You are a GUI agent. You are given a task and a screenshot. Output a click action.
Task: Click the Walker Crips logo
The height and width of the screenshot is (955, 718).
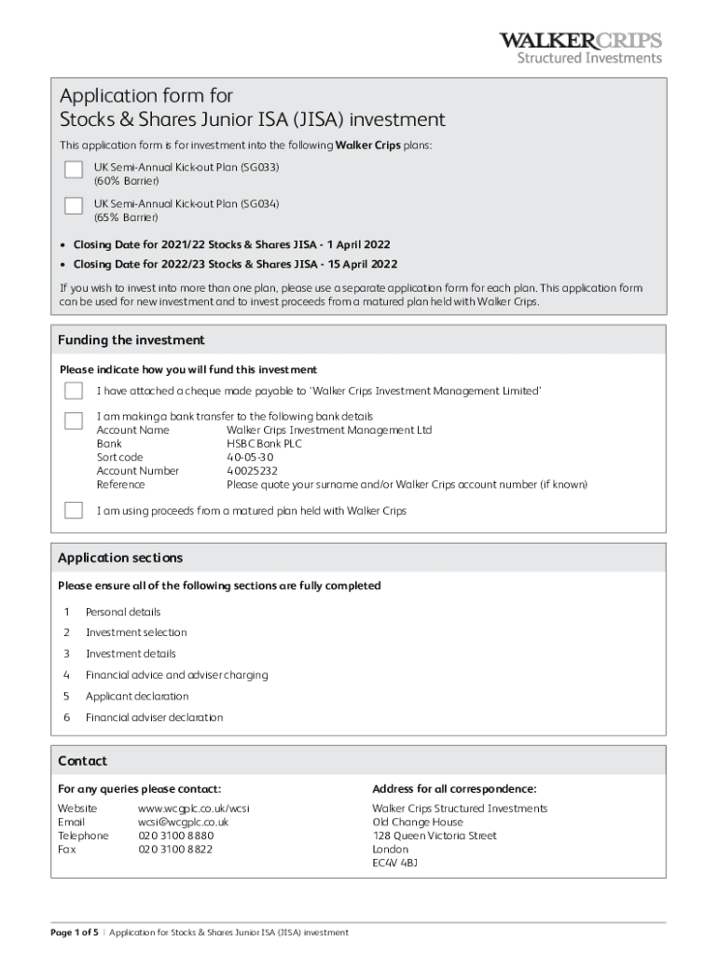coord(580,48)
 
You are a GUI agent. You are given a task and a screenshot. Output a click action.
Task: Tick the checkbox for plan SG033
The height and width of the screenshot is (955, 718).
coord(74,169)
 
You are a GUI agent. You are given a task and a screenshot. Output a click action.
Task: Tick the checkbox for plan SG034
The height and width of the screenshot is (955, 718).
coord(74,205)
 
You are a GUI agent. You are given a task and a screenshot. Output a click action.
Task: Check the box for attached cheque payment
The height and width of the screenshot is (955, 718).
coord(74,391)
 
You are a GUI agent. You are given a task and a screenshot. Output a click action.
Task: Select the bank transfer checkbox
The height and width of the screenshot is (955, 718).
coord(74,421)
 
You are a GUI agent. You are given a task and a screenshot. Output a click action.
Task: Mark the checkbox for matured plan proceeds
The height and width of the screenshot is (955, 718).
coord(74,510)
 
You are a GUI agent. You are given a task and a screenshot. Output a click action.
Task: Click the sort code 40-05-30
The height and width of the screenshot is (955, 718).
coord(250,457)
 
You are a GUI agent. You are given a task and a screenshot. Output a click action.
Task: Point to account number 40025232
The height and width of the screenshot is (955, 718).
coord(252,471)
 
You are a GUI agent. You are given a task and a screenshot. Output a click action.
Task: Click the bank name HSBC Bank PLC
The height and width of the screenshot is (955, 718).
coord(264,444)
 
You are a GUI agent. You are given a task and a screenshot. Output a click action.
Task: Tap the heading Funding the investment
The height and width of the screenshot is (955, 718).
coord(131,340)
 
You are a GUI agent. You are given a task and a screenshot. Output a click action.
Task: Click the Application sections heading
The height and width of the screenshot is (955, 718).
coord(120,558)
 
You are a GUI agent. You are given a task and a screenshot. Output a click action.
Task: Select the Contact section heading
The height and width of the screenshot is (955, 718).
coord(82,761)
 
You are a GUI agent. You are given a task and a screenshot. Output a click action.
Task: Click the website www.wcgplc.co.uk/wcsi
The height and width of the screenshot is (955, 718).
coord(194,809)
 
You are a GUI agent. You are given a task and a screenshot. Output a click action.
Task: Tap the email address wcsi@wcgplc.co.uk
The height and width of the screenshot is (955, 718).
coord(183,823)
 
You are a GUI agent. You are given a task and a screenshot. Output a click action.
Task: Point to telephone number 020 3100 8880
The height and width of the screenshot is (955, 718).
coord(175,836)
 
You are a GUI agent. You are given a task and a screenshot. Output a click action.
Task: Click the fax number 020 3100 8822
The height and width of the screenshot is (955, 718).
coord(175,850)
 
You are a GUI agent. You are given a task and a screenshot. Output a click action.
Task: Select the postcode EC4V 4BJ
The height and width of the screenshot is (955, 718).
coord(394,864)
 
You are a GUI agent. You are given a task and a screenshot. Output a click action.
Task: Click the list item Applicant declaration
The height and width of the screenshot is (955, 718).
coord(137,696)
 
